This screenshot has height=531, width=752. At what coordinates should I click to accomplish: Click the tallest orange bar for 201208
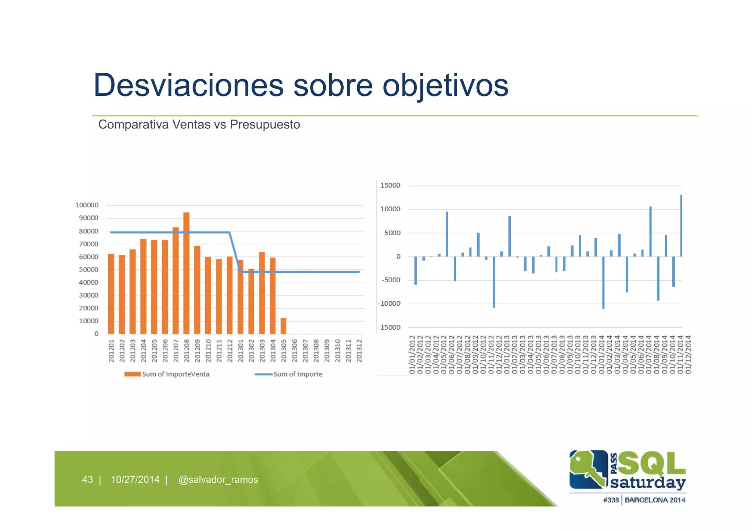click(187, 273)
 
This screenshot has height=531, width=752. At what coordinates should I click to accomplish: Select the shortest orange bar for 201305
click(283, 326)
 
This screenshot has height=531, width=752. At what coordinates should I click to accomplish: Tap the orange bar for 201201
click(111, 294)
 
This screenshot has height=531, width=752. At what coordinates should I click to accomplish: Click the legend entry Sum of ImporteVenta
click(167, 374)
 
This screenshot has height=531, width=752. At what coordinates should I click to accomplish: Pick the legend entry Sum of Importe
click(289, 374)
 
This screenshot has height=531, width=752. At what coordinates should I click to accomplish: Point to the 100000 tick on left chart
click(87, 205)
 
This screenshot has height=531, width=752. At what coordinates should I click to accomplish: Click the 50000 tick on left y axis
click(88, 270)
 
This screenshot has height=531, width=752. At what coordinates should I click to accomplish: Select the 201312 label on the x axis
click(359, 351)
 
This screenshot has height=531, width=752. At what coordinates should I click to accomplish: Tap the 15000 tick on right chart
click(390, 185)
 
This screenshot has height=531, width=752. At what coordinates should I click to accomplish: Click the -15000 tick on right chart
click(389, 327)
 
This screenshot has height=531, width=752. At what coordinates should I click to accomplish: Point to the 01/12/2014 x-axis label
click(688, 354)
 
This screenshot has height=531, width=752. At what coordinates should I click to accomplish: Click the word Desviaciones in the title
click(188, 85)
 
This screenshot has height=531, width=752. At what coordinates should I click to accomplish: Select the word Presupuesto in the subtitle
click(265, 125)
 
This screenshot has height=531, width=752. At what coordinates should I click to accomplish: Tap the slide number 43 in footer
click(87, 480)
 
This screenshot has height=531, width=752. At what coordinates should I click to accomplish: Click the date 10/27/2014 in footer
click(135, 480)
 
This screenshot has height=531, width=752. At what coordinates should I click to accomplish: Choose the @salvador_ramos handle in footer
click(218, 480)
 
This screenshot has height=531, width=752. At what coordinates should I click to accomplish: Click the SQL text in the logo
click(652, 463)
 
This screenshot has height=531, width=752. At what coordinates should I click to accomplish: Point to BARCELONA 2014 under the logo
click(655, 500)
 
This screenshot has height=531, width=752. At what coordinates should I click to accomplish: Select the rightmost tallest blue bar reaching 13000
click(681, 226)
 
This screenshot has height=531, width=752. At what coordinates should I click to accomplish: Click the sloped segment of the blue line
click(235, 252)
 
